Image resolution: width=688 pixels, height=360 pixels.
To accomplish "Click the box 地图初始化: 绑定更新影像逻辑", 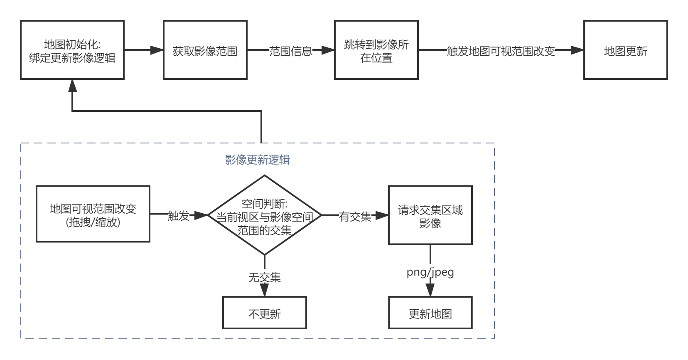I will pyautogui.click(x=72, y=50).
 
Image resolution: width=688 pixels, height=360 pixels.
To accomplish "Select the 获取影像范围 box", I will pyautogui.click(x=205, y=50).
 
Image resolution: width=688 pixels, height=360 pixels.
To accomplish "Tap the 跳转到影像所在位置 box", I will pyautogui.click(x=376, y=50).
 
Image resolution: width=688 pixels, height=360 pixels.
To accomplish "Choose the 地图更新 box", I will pyautogui.click(x=625, y=50).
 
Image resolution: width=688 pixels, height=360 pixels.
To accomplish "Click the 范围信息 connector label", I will pyautogui.click(x=291, y=51).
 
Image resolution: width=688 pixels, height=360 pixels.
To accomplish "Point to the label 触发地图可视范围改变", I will pyautogui.click(x=501, y=51).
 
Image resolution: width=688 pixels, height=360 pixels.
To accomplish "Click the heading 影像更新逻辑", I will pyautogui.click(x=258, y=160).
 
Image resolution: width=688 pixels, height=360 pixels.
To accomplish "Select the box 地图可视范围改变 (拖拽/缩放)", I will pyautogui.click(x=93, y=215).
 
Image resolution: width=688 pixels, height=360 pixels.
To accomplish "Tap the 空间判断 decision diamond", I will pyautogui.click(x=265, y=215).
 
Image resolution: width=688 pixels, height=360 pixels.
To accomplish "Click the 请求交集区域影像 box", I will pyautogui.click(x=430, y=215).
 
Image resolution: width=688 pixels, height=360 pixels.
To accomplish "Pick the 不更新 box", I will pyautogui.click(x=265, y=313).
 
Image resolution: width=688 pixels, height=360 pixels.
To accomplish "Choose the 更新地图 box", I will pyautogui.click(x=430, y=313).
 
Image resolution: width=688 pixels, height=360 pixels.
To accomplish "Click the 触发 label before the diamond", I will pyautogui.click(x=178, y=216).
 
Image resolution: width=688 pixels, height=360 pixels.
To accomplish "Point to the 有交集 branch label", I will pyautogui.click(x=355, y=216).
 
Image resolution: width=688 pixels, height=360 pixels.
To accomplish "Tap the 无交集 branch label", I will pyautogui.click(x=265, y=277).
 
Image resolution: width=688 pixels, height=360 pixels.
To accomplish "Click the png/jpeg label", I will pyautogui.click(x=430, y=272).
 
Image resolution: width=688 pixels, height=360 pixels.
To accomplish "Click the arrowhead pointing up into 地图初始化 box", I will pyautogui.click(x=73, y=86).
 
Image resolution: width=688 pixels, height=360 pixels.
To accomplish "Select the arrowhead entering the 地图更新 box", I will pyautogui.click(x=577, y=50).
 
